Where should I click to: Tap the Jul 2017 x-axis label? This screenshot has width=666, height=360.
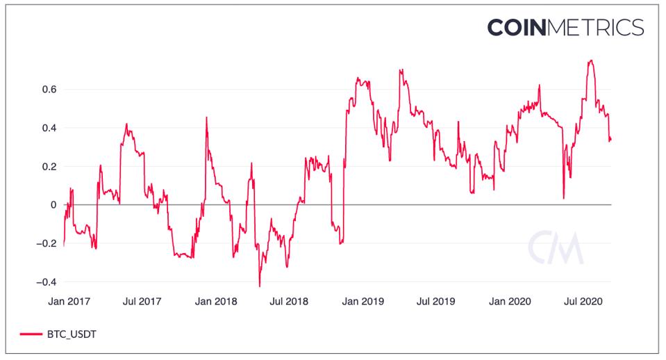click(x=142, y=302)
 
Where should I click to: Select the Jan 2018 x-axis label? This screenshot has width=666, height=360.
click(x=216, y=302)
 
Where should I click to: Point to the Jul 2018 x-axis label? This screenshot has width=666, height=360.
click(x=289, y=302)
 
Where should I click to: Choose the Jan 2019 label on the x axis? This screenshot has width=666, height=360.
click(x=363, y=302)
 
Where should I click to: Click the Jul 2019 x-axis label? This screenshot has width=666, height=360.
click(x=435, y=302)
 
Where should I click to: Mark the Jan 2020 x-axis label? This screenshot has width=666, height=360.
click(x=509, y=302)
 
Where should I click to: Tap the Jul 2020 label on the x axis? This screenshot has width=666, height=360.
click(x=582, y=302)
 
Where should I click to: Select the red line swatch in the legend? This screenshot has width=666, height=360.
click(x=31, y=335)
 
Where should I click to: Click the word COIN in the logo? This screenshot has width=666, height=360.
click(x=518, y=27)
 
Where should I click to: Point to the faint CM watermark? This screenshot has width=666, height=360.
click(x=555, y=246)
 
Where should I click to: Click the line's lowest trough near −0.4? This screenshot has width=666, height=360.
click(x=260, y=286)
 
